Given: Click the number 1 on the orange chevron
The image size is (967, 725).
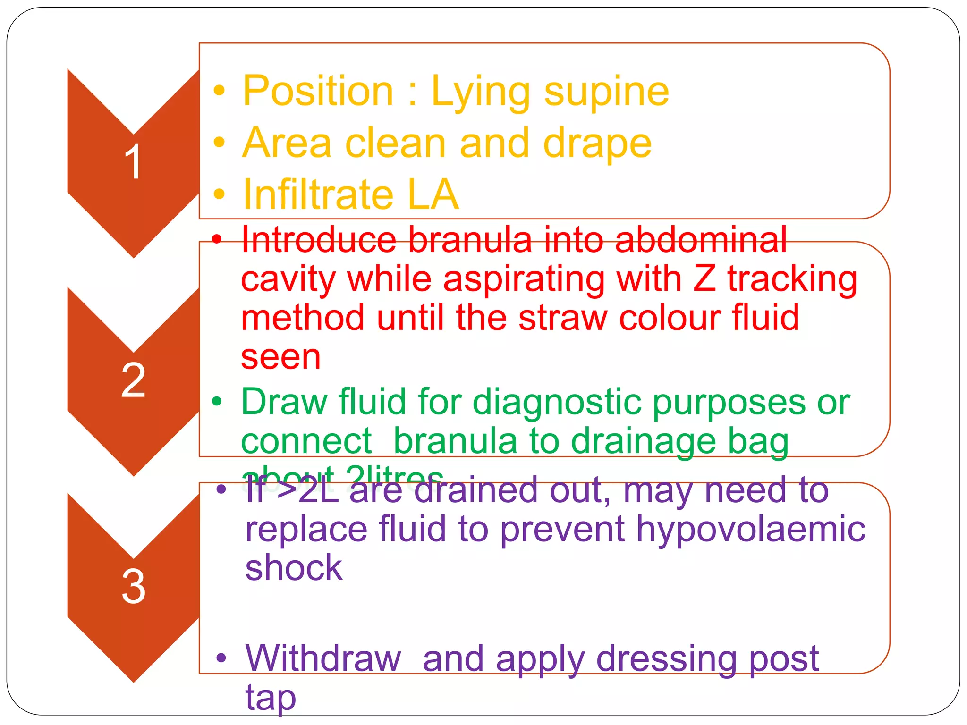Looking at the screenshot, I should point(133,162).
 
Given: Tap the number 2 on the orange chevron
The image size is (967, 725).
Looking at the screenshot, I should point(133,380).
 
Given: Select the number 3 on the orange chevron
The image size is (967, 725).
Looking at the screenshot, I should point(133,586).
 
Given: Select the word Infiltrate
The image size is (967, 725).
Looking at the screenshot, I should point(318,194).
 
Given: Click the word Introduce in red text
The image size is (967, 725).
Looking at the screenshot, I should point(319,240).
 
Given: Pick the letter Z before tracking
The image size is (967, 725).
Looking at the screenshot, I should point(704,279).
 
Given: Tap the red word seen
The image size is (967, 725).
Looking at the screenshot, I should point(280,357).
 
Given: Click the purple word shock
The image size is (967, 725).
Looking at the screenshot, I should point(294,567).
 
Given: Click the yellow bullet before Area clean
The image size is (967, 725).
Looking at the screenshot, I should point(219,142).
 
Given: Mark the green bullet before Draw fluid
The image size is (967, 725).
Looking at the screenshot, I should point(217,402).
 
